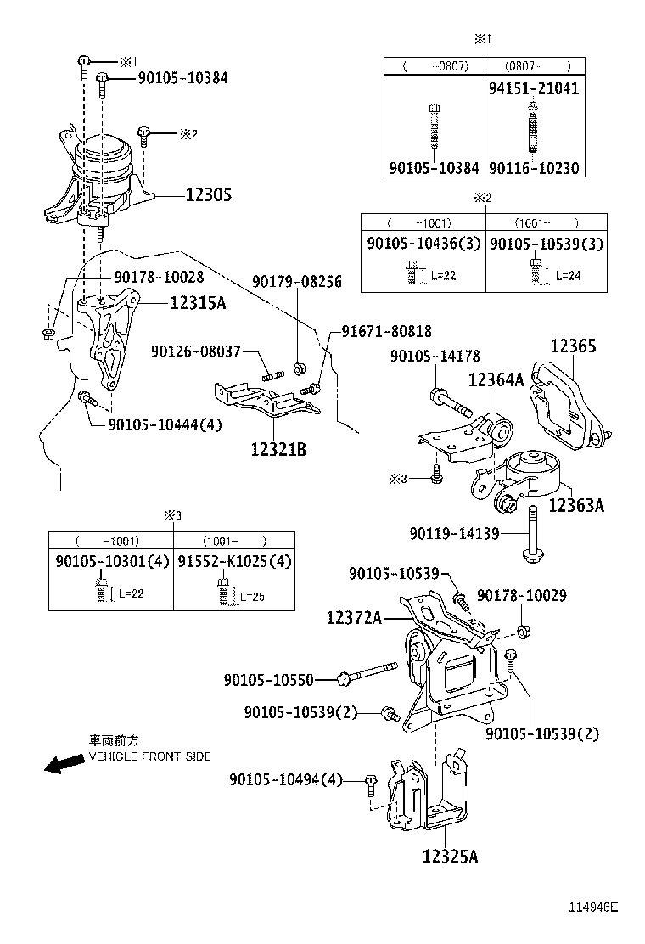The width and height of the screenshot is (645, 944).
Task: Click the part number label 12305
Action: [208, 195]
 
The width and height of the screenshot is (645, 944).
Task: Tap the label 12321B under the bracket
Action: [278, 448]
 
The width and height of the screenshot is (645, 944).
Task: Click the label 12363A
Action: [576, 506]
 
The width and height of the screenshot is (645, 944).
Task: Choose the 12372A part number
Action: [355, 619]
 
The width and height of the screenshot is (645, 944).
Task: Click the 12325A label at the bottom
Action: [450, 856]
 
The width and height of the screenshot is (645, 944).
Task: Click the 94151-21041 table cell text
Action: [533, 88]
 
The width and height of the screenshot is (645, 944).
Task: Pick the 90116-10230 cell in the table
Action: [533, 168]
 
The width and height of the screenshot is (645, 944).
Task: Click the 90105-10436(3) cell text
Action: [423, 244]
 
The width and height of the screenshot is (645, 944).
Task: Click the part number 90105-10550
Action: [269, 679]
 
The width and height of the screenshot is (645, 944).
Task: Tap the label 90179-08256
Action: [296, 282]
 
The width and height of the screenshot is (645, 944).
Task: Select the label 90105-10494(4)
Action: [285, 779]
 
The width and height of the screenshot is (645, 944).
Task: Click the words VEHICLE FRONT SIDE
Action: [149, 756]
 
